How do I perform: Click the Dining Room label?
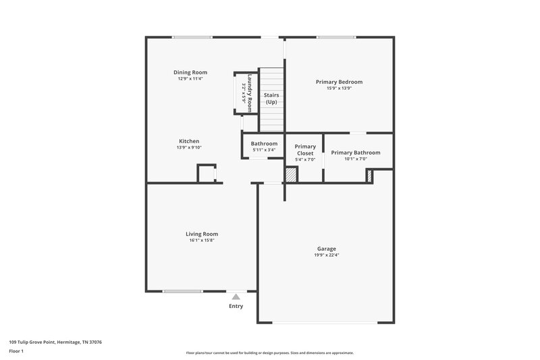[x=190, y=72]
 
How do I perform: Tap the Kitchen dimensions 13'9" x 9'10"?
[x=189, y=147]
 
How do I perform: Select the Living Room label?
[x=202, y=234]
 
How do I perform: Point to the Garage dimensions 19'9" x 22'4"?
[x=327, y=255]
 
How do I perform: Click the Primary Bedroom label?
[x=339, y=82]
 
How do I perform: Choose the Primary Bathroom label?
[x=355, y=153]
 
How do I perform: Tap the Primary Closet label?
[x=305, y=150]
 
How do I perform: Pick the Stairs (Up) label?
[x=271, y=99]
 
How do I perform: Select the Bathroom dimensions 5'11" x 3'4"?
[x=264, y=149]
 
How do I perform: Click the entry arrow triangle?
[x=236, y=296]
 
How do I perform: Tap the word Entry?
[x=236, y=306]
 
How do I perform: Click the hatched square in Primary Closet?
[x=290, y=174]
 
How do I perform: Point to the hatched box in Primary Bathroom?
[x=370, y=176]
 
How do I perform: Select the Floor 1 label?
[x=17, y=351]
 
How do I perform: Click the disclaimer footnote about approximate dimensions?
[x=269, y=353]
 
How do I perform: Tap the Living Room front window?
[x=182, y=292]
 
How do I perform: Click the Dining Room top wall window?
[x=192, y=37]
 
